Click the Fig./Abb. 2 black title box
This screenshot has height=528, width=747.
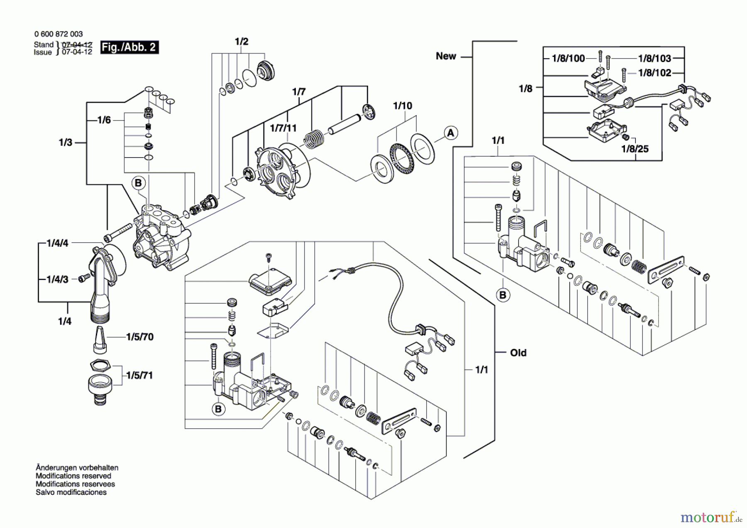pos(129,47)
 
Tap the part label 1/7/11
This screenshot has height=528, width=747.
pos(283,128)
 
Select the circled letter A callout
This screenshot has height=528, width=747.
pos(451,133)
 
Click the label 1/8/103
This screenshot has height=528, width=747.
pos(654,59)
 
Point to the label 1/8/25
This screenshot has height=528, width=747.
pos(635,149)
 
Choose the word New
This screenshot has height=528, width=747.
pos(446,56)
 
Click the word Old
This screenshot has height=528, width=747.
pos(518,353)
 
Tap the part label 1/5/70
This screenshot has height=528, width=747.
pos(140,337)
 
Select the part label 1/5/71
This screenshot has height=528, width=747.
pos(139,376)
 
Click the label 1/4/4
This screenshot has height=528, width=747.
pos(57,243)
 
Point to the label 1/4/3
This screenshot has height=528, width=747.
pos(57,279)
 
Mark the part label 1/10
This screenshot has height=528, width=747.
pos(403,106)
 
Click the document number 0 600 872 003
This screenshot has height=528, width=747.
pos(58,34)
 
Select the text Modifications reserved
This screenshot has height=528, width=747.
pos(73,476)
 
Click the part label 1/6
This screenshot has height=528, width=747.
pos(104,120)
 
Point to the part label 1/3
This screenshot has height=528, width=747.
pos(66,142)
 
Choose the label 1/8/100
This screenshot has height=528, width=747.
pos(568,59)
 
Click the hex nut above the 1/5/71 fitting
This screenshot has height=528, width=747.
pos(100,366)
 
